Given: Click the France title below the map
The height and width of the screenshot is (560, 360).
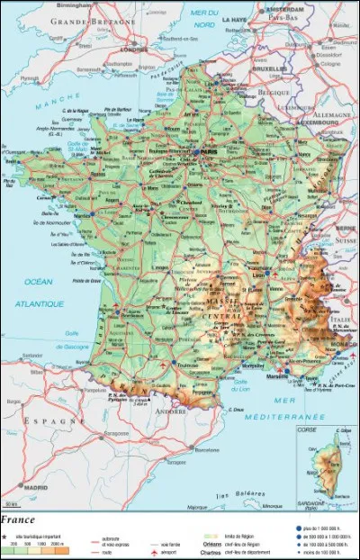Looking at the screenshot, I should (19, 519).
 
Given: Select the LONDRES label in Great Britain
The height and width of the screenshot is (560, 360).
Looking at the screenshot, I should (134, 50).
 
